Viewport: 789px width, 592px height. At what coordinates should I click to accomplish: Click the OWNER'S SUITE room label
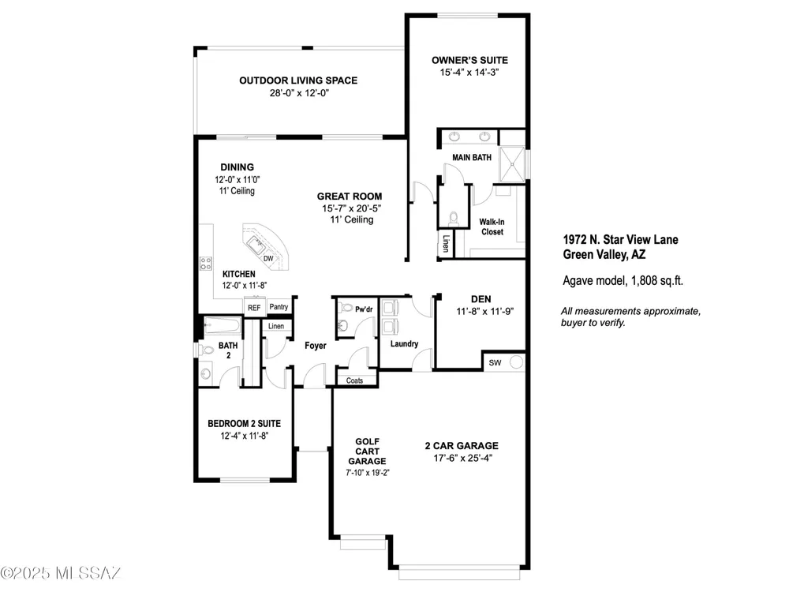469,60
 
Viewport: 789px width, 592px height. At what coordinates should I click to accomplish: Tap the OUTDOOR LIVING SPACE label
298,81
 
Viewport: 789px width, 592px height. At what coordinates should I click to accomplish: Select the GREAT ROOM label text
350,197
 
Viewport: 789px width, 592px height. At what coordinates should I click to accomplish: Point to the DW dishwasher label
269,258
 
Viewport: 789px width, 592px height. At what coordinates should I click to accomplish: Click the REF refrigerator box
254,308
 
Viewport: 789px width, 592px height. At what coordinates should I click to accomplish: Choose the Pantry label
279,306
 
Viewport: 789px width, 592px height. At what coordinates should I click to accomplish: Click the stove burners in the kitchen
206,264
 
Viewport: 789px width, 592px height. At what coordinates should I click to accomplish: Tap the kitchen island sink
256,246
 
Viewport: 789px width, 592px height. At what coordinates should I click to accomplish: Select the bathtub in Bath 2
222,325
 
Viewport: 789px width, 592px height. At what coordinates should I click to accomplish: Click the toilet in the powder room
346,307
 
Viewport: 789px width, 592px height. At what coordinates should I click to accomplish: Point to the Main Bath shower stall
512,164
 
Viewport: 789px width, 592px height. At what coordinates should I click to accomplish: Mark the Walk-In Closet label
492,227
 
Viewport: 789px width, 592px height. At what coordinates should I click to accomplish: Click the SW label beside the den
495,362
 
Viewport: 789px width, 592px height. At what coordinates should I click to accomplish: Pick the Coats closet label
354,380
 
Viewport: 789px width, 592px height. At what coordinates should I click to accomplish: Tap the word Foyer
316,346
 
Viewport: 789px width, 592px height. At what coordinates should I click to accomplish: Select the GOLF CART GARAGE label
368,451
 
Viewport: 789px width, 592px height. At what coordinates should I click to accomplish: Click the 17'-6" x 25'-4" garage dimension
463,458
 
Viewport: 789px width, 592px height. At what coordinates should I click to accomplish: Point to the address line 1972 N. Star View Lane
620,240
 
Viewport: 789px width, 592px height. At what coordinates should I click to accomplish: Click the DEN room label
481,299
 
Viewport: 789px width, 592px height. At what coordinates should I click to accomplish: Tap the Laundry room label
404,344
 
